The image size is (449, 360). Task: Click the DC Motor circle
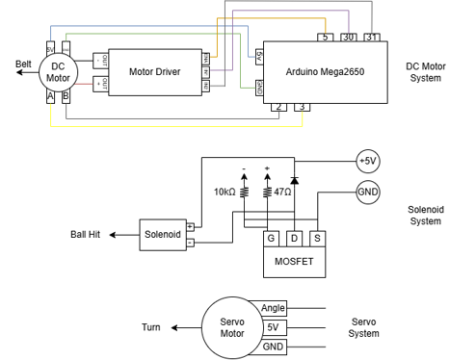pos(58,70)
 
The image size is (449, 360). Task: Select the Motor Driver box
pos(156,70)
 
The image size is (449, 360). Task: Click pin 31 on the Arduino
pos(372,37)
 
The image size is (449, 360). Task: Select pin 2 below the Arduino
pos(278,106)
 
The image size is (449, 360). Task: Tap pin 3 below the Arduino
pos(302,106)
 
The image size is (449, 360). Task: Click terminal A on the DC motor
pos(50,96)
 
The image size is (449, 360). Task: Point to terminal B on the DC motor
pos(66,96)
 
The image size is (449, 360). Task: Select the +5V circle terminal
pos(368,161)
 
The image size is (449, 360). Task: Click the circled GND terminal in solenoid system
pos(368,192)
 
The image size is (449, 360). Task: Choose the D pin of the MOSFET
pos(295,238)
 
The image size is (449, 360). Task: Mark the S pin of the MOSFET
pos(316,238)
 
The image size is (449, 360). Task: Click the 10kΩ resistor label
pos(224,193)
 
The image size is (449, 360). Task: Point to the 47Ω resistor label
pos(282,193)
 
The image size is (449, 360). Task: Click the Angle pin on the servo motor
pos(274,308)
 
